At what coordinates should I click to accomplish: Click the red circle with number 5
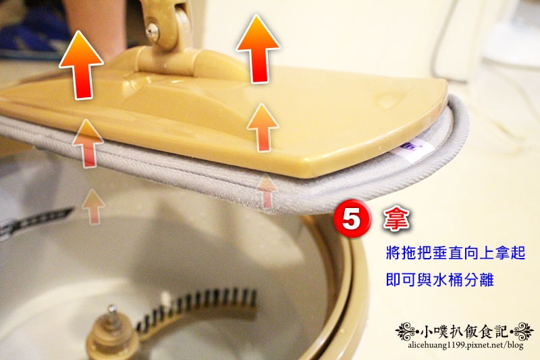pos(352,219)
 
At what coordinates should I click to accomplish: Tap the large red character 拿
pos(396,218)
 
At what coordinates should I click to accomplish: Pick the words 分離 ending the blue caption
pos(479,280)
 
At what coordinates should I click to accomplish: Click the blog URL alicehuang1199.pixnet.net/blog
pos(466,345)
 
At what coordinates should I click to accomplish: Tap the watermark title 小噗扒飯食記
pos(464,332)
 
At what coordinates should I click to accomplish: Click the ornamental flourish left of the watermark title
pos(407,332)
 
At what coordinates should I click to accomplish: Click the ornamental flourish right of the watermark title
pos(521,332)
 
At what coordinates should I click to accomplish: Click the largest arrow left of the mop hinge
pos(81,65)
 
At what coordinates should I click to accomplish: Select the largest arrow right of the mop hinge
pos(258,49)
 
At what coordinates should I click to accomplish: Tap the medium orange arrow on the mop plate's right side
pos(263,128)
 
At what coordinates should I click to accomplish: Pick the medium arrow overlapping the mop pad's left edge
pos(88,144)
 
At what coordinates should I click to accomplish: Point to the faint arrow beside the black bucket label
pos(93,207)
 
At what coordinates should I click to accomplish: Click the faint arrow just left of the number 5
pos(267,192)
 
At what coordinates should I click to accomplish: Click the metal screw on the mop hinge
pos(152,32)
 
